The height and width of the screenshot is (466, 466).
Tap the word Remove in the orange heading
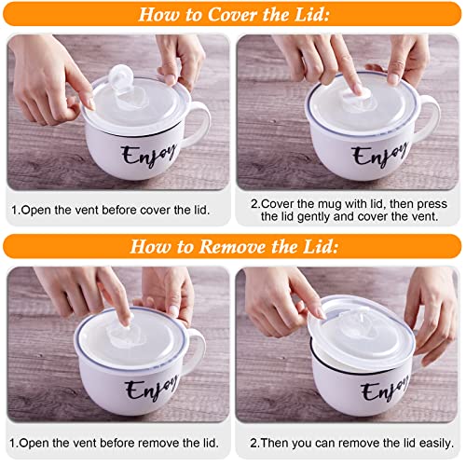pos(234,247)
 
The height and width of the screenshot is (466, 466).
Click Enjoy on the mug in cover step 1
pos(143,154)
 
